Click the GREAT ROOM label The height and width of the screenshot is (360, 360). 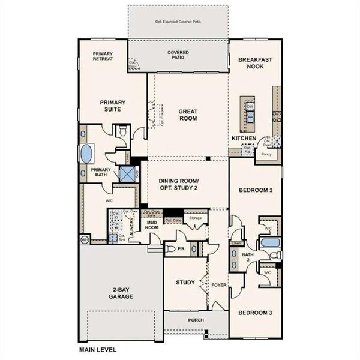tap(188, 115)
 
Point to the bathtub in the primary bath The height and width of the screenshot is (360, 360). tap(88, 153)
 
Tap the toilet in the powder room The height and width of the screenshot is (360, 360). tap(170, 248)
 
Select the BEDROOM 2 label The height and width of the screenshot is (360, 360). tap(255, 190)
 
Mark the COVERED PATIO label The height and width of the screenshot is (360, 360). tap(178, 56)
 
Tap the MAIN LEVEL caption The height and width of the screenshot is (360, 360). tap(98, 349)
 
